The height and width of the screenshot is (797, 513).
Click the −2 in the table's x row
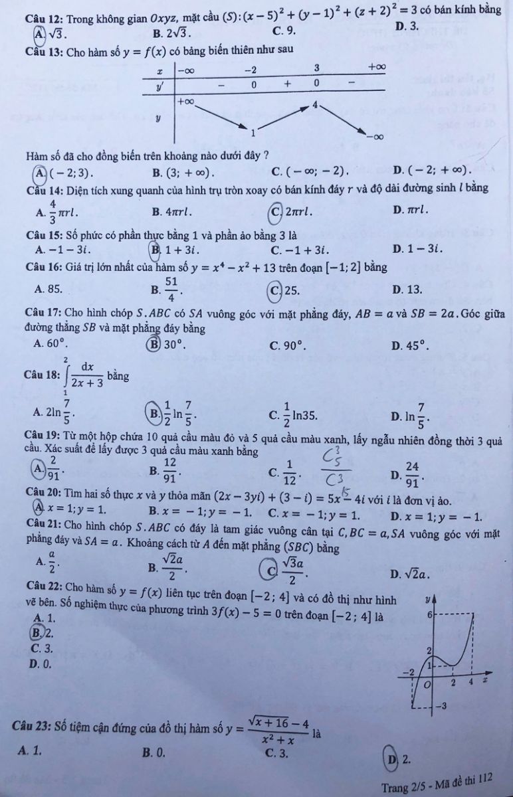pos(250,70)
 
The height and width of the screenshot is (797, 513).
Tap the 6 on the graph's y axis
pos(429,614)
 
